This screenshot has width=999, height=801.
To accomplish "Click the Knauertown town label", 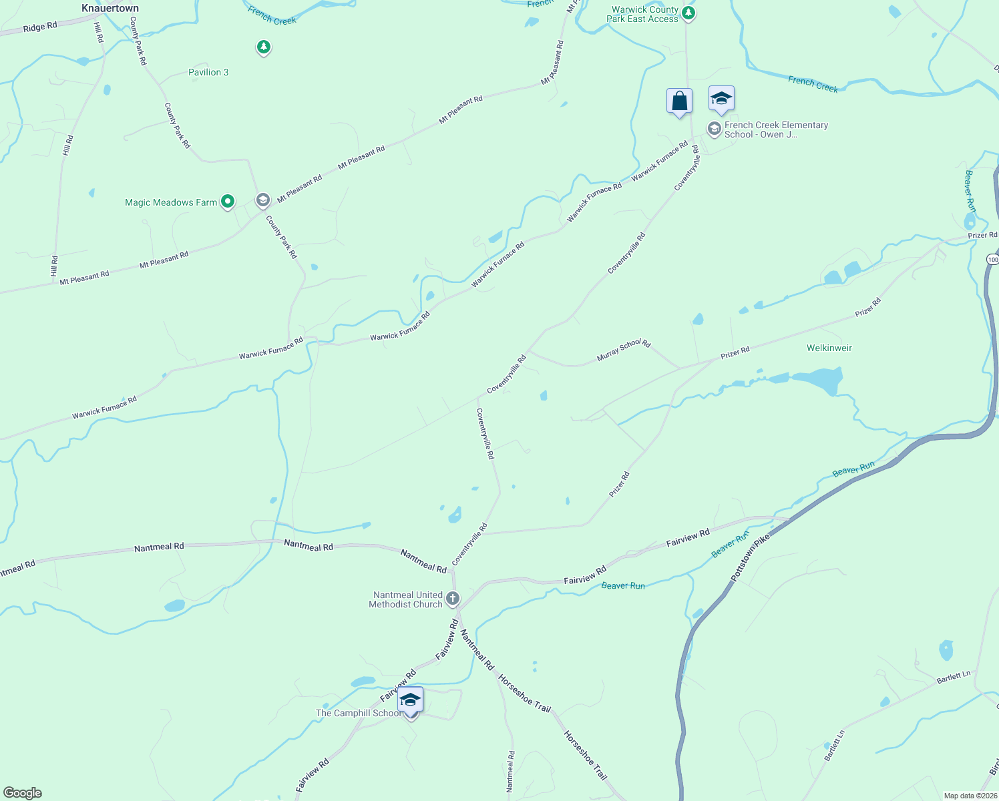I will (x=110, y=9).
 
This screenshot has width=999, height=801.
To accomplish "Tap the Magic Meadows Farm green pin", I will (x=228, y=201).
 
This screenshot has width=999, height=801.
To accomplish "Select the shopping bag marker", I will (x=679, y=101).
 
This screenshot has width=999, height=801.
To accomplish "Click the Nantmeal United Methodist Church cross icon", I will (x=453, y=598).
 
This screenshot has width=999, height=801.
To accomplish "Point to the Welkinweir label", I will (x=829, y=348).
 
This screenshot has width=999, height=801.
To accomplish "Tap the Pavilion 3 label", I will (x=208, y=72).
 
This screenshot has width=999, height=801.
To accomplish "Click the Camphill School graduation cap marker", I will (x=410, y=701).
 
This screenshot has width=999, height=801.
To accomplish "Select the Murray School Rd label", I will (x=623, y=350).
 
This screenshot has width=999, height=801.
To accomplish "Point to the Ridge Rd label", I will (x=40, y=27).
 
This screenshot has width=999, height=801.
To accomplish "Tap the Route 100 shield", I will (x=992, y=259).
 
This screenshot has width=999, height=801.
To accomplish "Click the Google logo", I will (x=23, y=792).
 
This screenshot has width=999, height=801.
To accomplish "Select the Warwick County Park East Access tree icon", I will (x=688, y=13).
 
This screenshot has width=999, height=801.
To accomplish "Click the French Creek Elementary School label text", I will (x=776, y=129).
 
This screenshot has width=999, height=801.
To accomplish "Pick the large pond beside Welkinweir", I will (x=818, y=381).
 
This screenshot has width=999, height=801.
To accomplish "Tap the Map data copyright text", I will (x=969, y=796).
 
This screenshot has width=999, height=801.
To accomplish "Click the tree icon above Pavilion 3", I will (x=264, y=47).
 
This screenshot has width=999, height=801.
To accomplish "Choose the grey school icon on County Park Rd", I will (x=263, y=200).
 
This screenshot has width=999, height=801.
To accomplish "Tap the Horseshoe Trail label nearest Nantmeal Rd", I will (x=525, y=694).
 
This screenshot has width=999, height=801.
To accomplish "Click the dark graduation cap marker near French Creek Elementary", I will (x=721, y=99).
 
